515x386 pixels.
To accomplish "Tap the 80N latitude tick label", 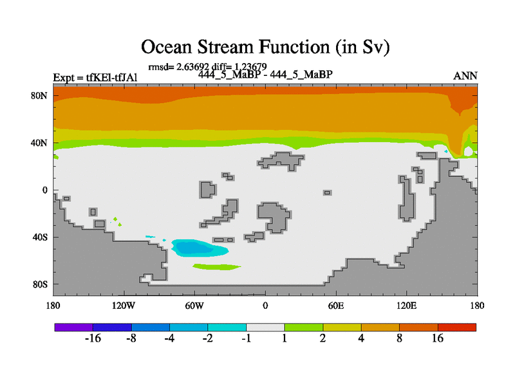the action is pyautogui.click(x=39, y=96).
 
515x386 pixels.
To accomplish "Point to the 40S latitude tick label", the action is pyautogui.click(x=40, y=237).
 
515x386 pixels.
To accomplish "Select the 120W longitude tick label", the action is pyautogui.click(x=124, y=306).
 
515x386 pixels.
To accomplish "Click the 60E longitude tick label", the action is pyautogui.click(x=336, y=306).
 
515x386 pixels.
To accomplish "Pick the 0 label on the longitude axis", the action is pyautogui.click(x=265, y=306).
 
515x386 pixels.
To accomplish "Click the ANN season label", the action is pyautogui.click(x=465, y=76).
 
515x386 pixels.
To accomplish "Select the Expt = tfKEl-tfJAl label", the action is pyautogui.click(x=95, y=78).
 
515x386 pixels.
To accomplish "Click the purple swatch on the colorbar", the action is pyautogui.click(x=74, y=327).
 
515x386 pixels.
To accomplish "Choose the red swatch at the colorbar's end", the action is pyautogui.click(x=457, y=327).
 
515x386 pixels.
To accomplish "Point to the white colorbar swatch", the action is pyautogui.click(x=265, y=327).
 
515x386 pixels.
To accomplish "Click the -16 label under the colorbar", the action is pyautogui.click(x=93, y=338).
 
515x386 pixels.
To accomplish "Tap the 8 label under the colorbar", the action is pyautogui.click(x=399, y=338).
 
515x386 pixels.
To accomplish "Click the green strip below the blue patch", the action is pyautogui.click(x=217, y=266).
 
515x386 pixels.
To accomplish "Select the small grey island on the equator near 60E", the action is pyautogui.click(x=327, y=192).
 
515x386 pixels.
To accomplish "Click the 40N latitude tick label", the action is pyautogui.click(x=39, y=143).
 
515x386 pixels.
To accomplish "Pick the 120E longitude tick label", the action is pyautogui.click(x=407, y=306).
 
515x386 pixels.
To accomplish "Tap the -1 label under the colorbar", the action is pyautogui.click(x=247, y=338).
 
